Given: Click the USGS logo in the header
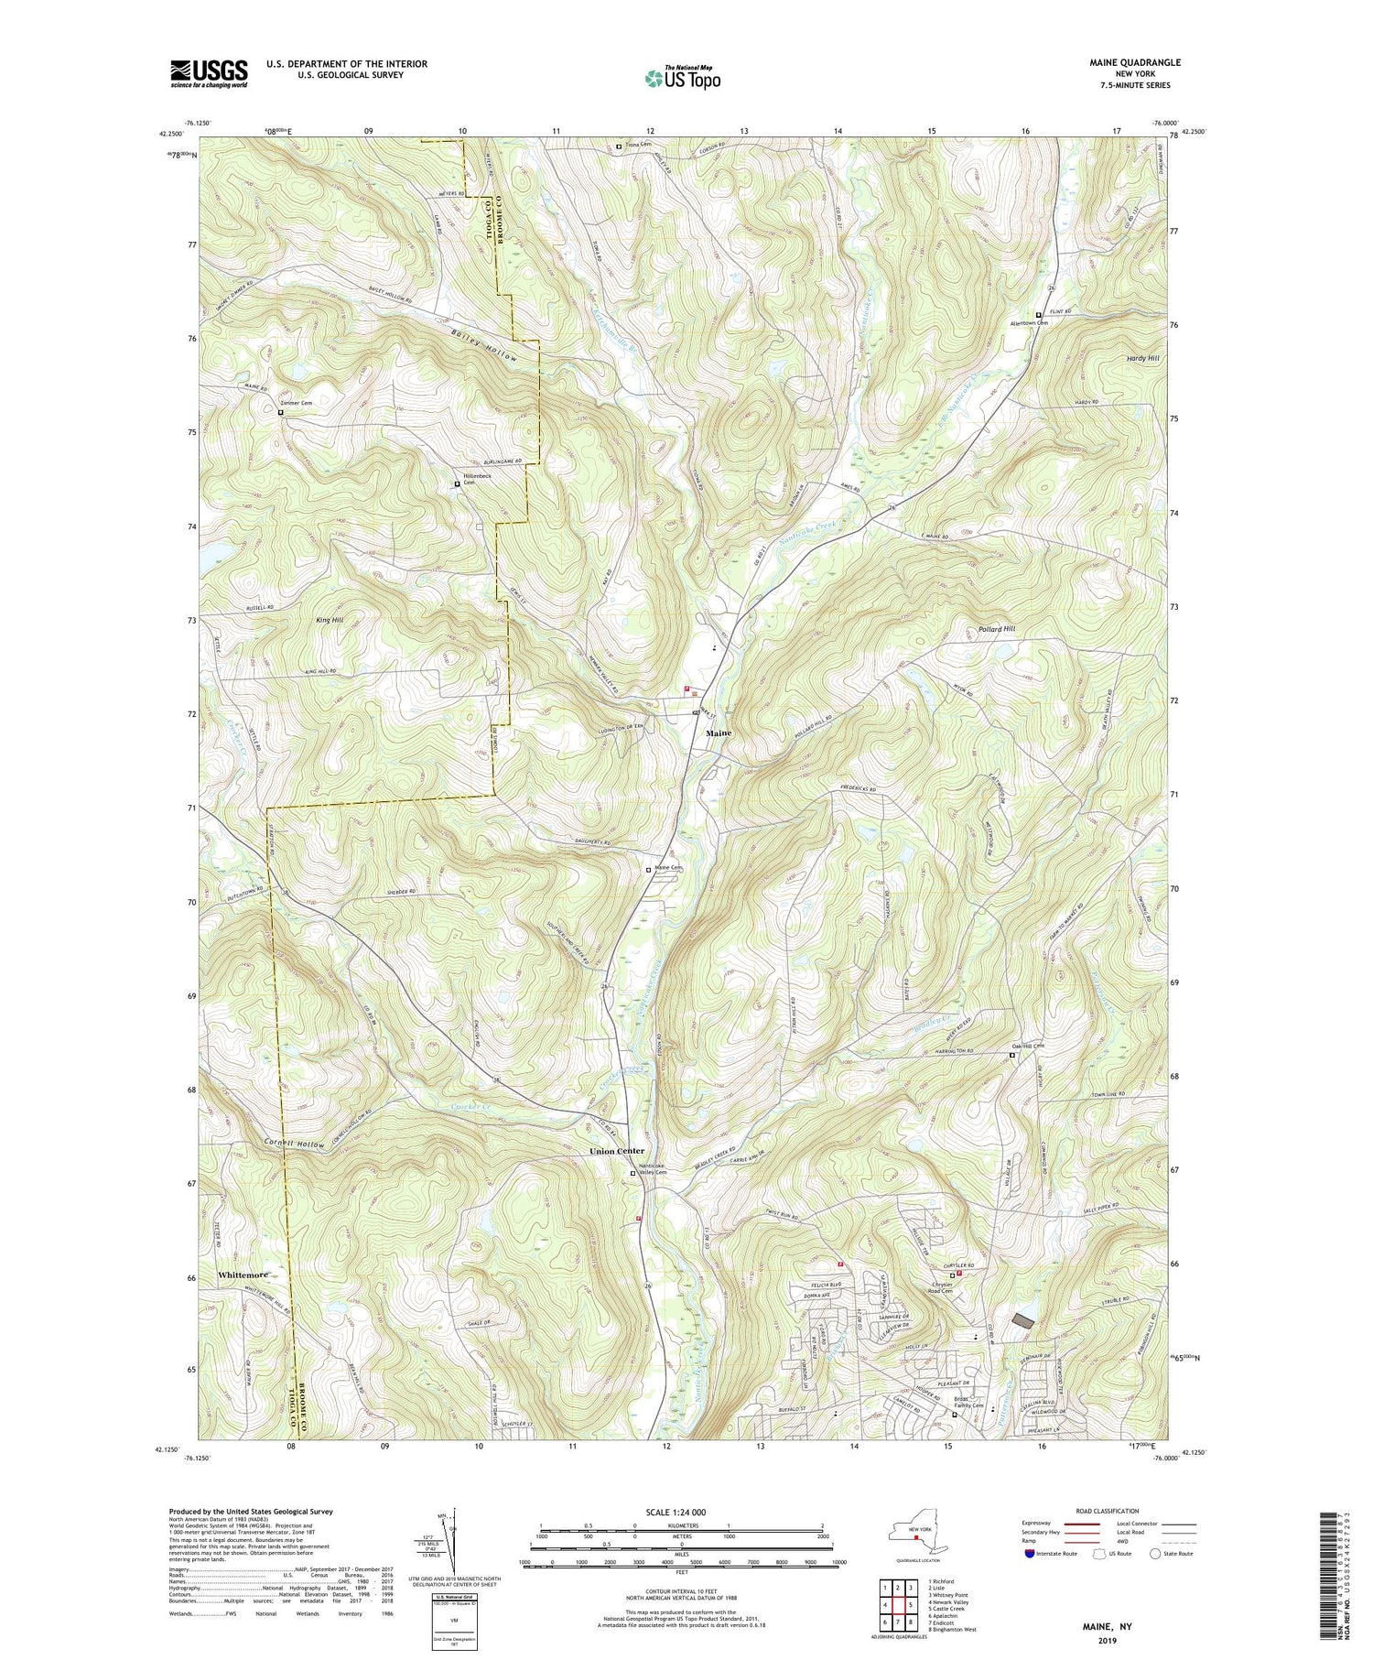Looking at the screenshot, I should [x=209, y=73].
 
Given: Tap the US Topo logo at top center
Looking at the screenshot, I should [x=681, y=79].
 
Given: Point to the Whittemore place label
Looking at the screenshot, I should [x=243, y=1275].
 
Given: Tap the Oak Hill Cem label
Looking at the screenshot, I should [x=1028, y=1047].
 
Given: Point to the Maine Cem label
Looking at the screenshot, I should [x=670, y=868].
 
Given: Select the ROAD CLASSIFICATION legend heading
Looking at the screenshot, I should [x=1108, y=1511].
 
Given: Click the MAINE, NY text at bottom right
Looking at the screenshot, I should [x=1105, y=1626].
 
